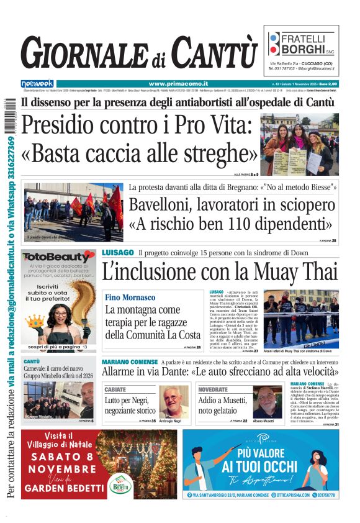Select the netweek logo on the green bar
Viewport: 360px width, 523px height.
[x=37, y=83]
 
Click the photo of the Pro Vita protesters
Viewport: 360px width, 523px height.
[x=299, y=144]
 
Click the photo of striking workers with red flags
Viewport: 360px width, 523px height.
[x=73, y=211]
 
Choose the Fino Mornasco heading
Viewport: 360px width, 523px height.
[x=130, y=298]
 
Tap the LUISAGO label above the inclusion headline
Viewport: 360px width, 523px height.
[x=118, y=252]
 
